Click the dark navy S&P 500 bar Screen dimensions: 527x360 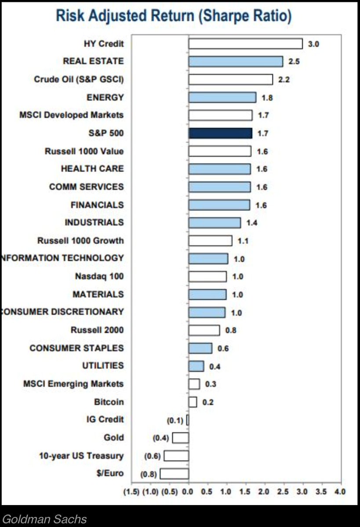pyautogui.click(x=220, y=133)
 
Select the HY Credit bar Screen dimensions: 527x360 pyautogui.click(x=245, y=43)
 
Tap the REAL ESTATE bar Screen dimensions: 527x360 pyautogui.click(x=236, y=61)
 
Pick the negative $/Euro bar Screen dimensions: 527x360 pyautogui.click(x=175, y=474)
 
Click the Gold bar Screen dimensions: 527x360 pyautogui.click(x=181, y=438)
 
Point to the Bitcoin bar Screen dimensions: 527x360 pyautogui.click(x=193, y=402)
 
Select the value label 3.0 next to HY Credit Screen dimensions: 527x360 pyautogui.click(x=313, y=44)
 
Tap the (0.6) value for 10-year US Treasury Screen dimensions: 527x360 pyautogui.click(x=152, y=456)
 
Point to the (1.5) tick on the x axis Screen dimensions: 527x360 pyautogui.click(x=131, y=491)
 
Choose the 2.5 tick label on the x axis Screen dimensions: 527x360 pyautogui.click(x=283, y=491)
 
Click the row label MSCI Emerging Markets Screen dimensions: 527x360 pyautogui.click(x=73, y=384)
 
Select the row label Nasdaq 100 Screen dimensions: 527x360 pyautogui.click(x=99, y=276)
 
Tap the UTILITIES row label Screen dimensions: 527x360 pyautogui.click(x=103, y=365)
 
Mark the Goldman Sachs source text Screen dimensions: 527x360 pyautogui.click(x=44, y=519)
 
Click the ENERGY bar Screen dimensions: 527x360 pyautogui.click(x=222, y=97)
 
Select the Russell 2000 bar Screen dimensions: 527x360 pyautogui.click(x=204, y=330)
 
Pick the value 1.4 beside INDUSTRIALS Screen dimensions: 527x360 pyautogui.click(x=251, y=223)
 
